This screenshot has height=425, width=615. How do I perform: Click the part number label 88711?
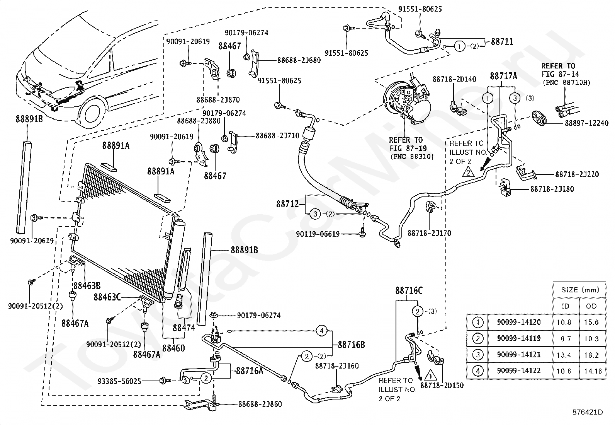[x=502, y=42]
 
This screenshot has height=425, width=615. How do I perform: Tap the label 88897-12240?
[x=586, y=123]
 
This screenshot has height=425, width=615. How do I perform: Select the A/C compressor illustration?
[x=407, y=100]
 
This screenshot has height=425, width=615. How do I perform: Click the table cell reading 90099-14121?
[x=519, y=355]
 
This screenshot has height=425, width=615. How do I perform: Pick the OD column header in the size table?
[x=591, y=306]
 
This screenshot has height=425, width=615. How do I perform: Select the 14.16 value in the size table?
[x=593, y=371]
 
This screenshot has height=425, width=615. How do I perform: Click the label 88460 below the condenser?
[x=173, y=348]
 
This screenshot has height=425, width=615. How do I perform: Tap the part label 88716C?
[x=409, y=290]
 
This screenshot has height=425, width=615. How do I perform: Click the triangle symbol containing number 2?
[x=468, y=172]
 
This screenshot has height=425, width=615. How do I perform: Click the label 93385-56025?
[x=119, y=381]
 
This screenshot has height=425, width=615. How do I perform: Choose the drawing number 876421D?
[x=588, y=412]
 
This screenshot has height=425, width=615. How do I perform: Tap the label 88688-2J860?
[x=260, y=404]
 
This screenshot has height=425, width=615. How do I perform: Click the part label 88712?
[x=287, y=204]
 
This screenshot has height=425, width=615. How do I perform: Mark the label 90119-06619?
[x=318, y=234]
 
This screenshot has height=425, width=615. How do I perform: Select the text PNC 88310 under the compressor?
[x=412, y=157]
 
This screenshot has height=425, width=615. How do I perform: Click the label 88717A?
[x=503, y=76]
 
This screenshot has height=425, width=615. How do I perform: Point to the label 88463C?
[x=107, y=297]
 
